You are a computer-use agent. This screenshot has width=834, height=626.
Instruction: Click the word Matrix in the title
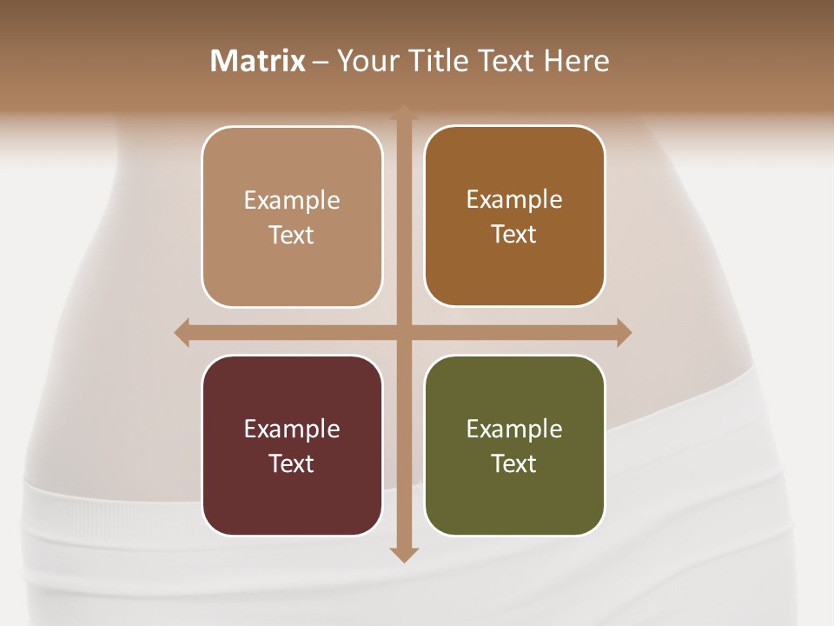click(x=258, y=61)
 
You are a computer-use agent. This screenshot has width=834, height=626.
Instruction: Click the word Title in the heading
click(x=432, y=61)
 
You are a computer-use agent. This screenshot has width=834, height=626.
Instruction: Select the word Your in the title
click(x=366, y=61)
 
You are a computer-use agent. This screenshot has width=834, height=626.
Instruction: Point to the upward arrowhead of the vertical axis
click(x=403, y=113)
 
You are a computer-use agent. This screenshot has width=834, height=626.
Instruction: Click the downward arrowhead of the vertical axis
click(x=403, y=554)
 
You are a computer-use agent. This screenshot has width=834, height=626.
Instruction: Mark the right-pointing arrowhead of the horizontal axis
click(x=623, y=332)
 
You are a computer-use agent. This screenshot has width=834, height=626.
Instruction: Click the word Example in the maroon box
click(x=292, y=429)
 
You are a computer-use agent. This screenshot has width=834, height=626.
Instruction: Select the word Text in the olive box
click(x=514, y=463)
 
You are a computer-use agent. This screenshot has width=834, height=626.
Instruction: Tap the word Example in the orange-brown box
click(x=514, y=199)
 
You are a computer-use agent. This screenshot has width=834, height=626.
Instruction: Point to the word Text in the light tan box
click(x=292, y=235)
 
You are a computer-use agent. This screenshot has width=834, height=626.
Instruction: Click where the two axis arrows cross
click(x=403, y=332)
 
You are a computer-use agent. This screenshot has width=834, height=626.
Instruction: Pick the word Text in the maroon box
click(x=292, y=463)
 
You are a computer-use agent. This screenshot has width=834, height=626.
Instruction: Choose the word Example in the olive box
click(x=514, y=429)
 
